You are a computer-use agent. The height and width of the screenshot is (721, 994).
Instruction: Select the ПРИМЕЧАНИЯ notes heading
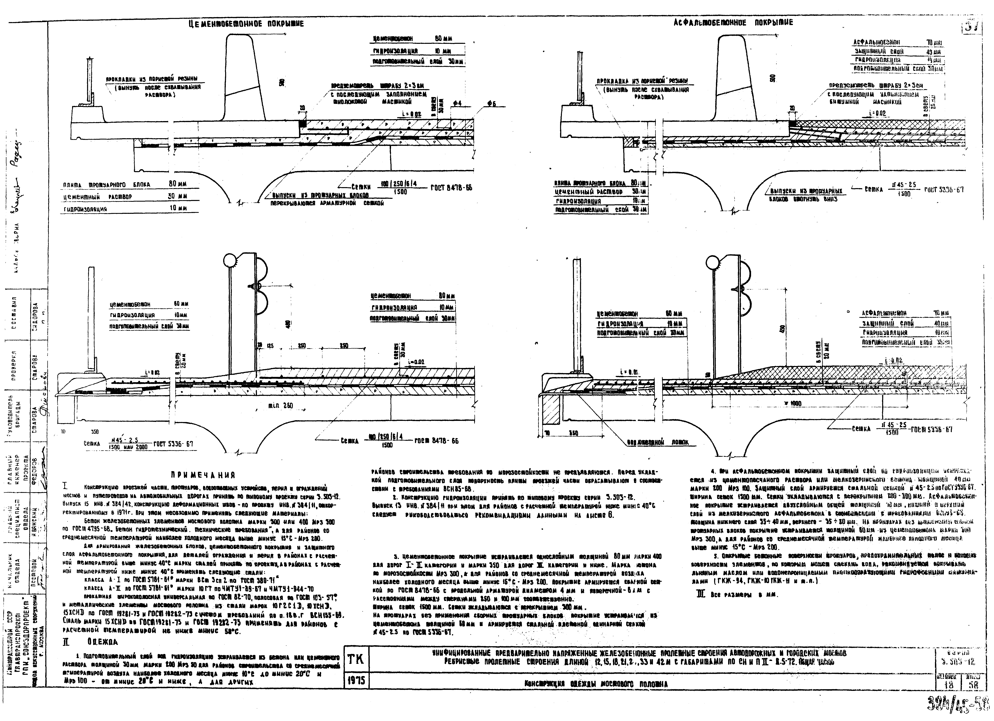(x=203, y=475)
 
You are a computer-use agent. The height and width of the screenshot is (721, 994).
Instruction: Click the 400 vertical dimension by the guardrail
(x=287, y=324)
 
